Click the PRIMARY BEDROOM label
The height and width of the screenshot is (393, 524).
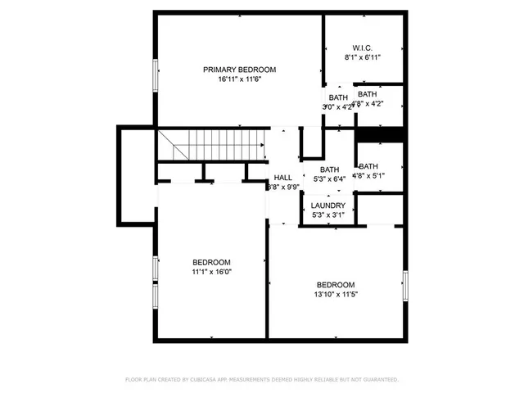click(x=239, y=70)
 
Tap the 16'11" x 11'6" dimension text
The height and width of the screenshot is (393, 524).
click(x=239, y=79)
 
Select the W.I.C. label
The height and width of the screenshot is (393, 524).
click(x=363, y=47)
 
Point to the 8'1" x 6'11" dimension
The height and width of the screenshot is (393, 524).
click(x=363, y=58)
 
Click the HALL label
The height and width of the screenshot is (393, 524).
click(x=283, y=178)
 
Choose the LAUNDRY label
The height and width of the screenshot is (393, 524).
click(x=327, y=206)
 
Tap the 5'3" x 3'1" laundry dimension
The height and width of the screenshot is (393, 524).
click(x=327, y=215)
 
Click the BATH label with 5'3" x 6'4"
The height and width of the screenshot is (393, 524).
click(x=329, y=169)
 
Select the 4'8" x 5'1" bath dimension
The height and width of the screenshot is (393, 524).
click(x=368, y=175)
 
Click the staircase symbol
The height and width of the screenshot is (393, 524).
click(x=212, y=146)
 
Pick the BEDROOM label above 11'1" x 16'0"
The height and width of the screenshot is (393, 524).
click(x=212, y=262)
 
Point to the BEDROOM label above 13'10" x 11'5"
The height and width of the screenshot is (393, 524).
click(x=336, y=284)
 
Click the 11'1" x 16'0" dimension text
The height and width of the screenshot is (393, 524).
click(x=212, y=272)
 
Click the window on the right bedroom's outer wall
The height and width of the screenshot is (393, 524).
click(x=404, y=283)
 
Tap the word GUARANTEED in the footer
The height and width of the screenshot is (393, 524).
click(x=377, y=380)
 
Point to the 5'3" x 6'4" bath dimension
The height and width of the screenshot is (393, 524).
click(x=329, y=179)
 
